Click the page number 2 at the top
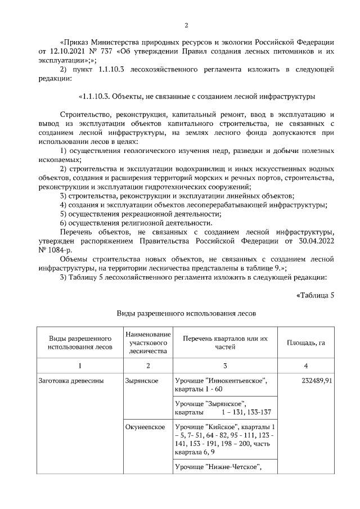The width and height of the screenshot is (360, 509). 186,25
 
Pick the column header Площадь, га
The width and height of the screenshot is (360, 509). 305,343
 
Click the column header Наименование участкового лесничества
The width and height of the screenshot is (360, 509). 147,343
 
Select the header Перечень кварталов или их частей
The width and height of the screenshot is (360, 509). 224,343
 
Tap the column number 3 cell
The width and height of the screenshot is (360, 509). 224,366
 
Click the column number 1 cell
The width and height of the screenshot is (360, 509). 79,366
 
